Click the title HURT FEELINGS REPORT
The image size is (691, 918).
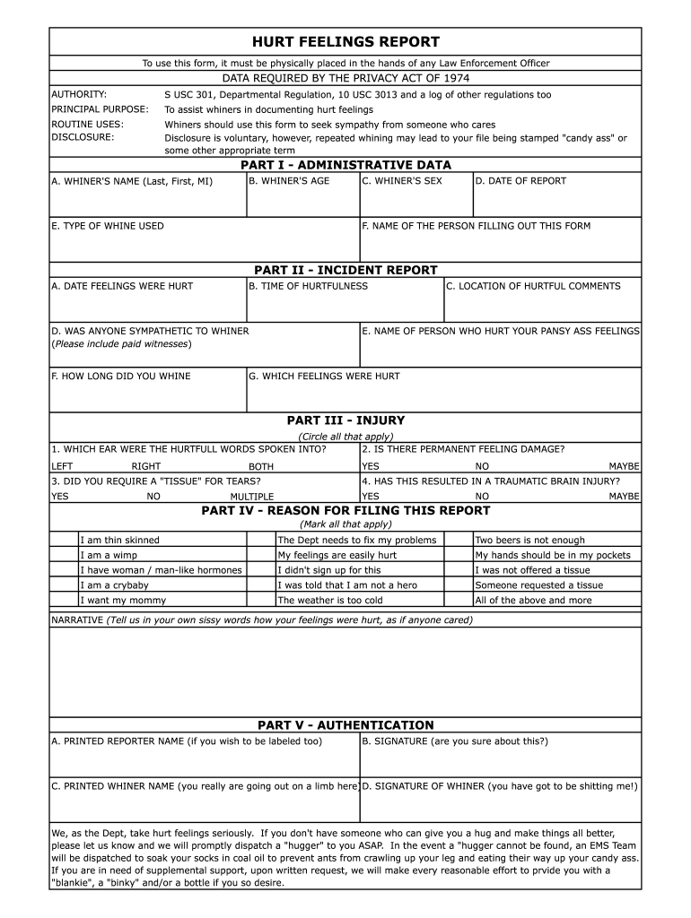tap(345, 42)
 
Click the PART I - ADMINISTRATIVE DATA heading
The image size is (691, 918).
tap(345, 165)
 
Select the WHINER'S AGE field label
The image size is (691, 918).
tap(289, 181)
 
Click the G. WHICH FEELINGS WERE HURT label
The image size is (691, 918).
tap(324, 377)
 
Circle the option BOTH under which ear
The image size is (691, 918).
tap(261, 467)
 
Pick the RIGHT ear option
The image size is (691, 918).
tap(146, 467)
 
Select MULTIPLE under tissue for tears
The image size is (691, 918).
tap(252, 497)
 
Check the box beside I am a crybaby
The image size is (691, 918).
tap(65, 585)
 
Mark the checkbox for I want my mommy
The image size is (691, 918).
tap(65, 601)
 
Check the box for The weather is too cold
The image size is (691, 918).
tap(261, 601)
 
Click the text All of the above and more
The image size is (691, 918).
tap(533, 601)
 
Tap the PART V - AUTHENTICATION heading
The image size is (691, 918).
tap(345, 725)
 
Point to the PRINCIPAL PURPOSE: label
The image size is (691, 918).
tap(100, 109)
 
